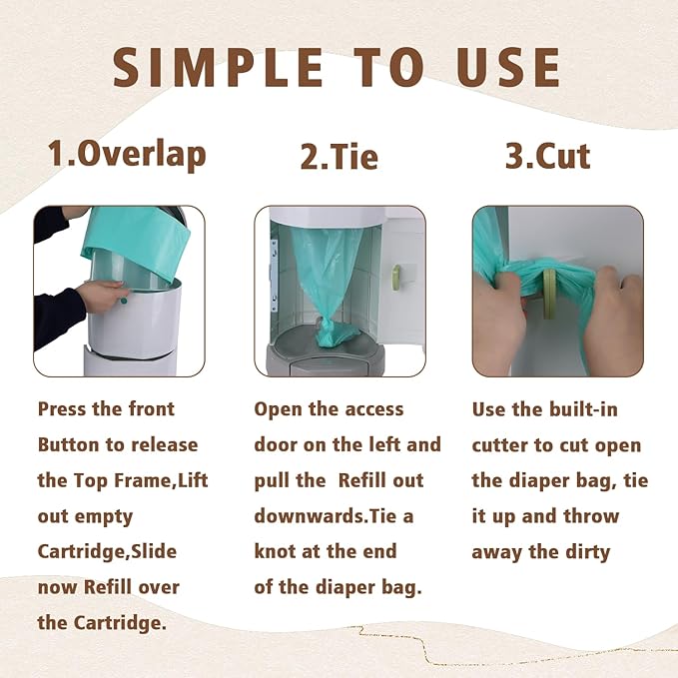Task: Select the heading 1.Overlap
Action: (x=127, y=155)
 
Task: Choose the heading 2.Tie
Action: (x=339, y=156)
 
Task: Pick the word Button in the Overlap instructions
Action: (x=68, y=445)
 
